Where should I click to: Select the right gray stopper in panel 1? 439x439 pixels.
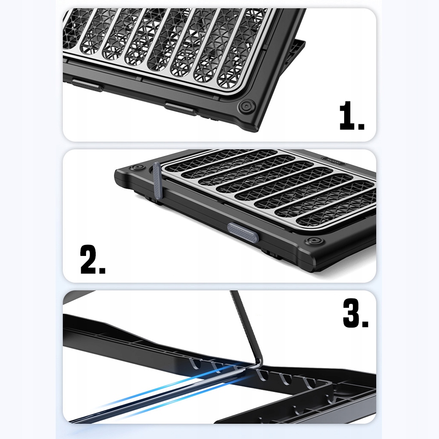(x=181, y=109)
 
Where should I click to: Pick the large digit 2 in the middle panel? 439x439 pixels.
(x=89, y=259)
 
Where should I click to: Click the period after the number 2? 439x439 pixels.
(x=102, y=270)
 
